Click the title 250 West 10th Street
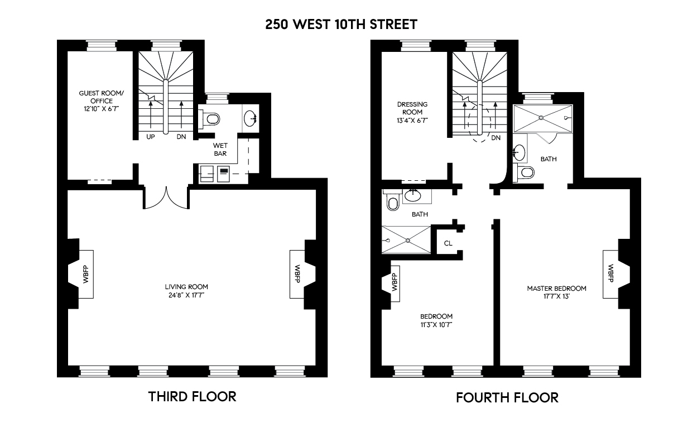341,25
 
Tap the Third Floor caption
192,396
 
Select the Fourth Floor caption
507,397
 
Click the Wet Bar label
220,149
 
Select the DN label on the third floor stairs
181,137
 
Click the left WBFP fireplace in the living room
86,274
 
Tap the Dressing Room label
412,108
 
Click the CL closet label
448,243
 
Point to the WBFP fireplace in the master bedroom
610,274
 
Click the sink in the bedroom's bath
413,195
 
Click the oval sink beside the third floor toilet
251,118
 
